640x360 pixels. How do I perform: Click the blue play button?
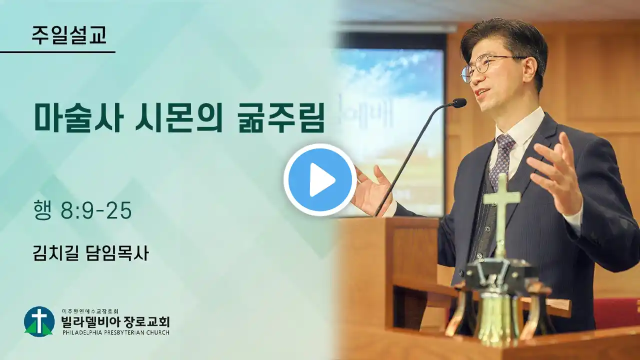click(x=320, y=180)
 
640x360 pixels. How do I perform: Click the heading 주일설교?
click(x=69, y=35)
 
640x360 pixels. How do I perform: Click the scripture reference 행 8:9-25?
click(x=82, y=210)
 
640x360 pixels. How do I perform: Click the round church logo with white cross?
click(x=39, y=321)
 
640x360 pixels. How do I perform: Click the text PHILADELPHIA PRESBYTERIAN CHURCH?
click(x=115, y=332)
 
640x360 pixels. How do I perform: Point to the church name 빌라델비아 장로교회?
click(x=115, y=321)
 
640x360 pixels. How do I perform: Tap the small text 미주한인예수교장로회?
click(x=90, y=311)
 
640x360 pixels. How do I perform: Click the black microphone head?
click(x=459, y=103)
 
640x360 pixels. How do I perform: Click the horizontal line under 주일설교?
click(x=57, y=52)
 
